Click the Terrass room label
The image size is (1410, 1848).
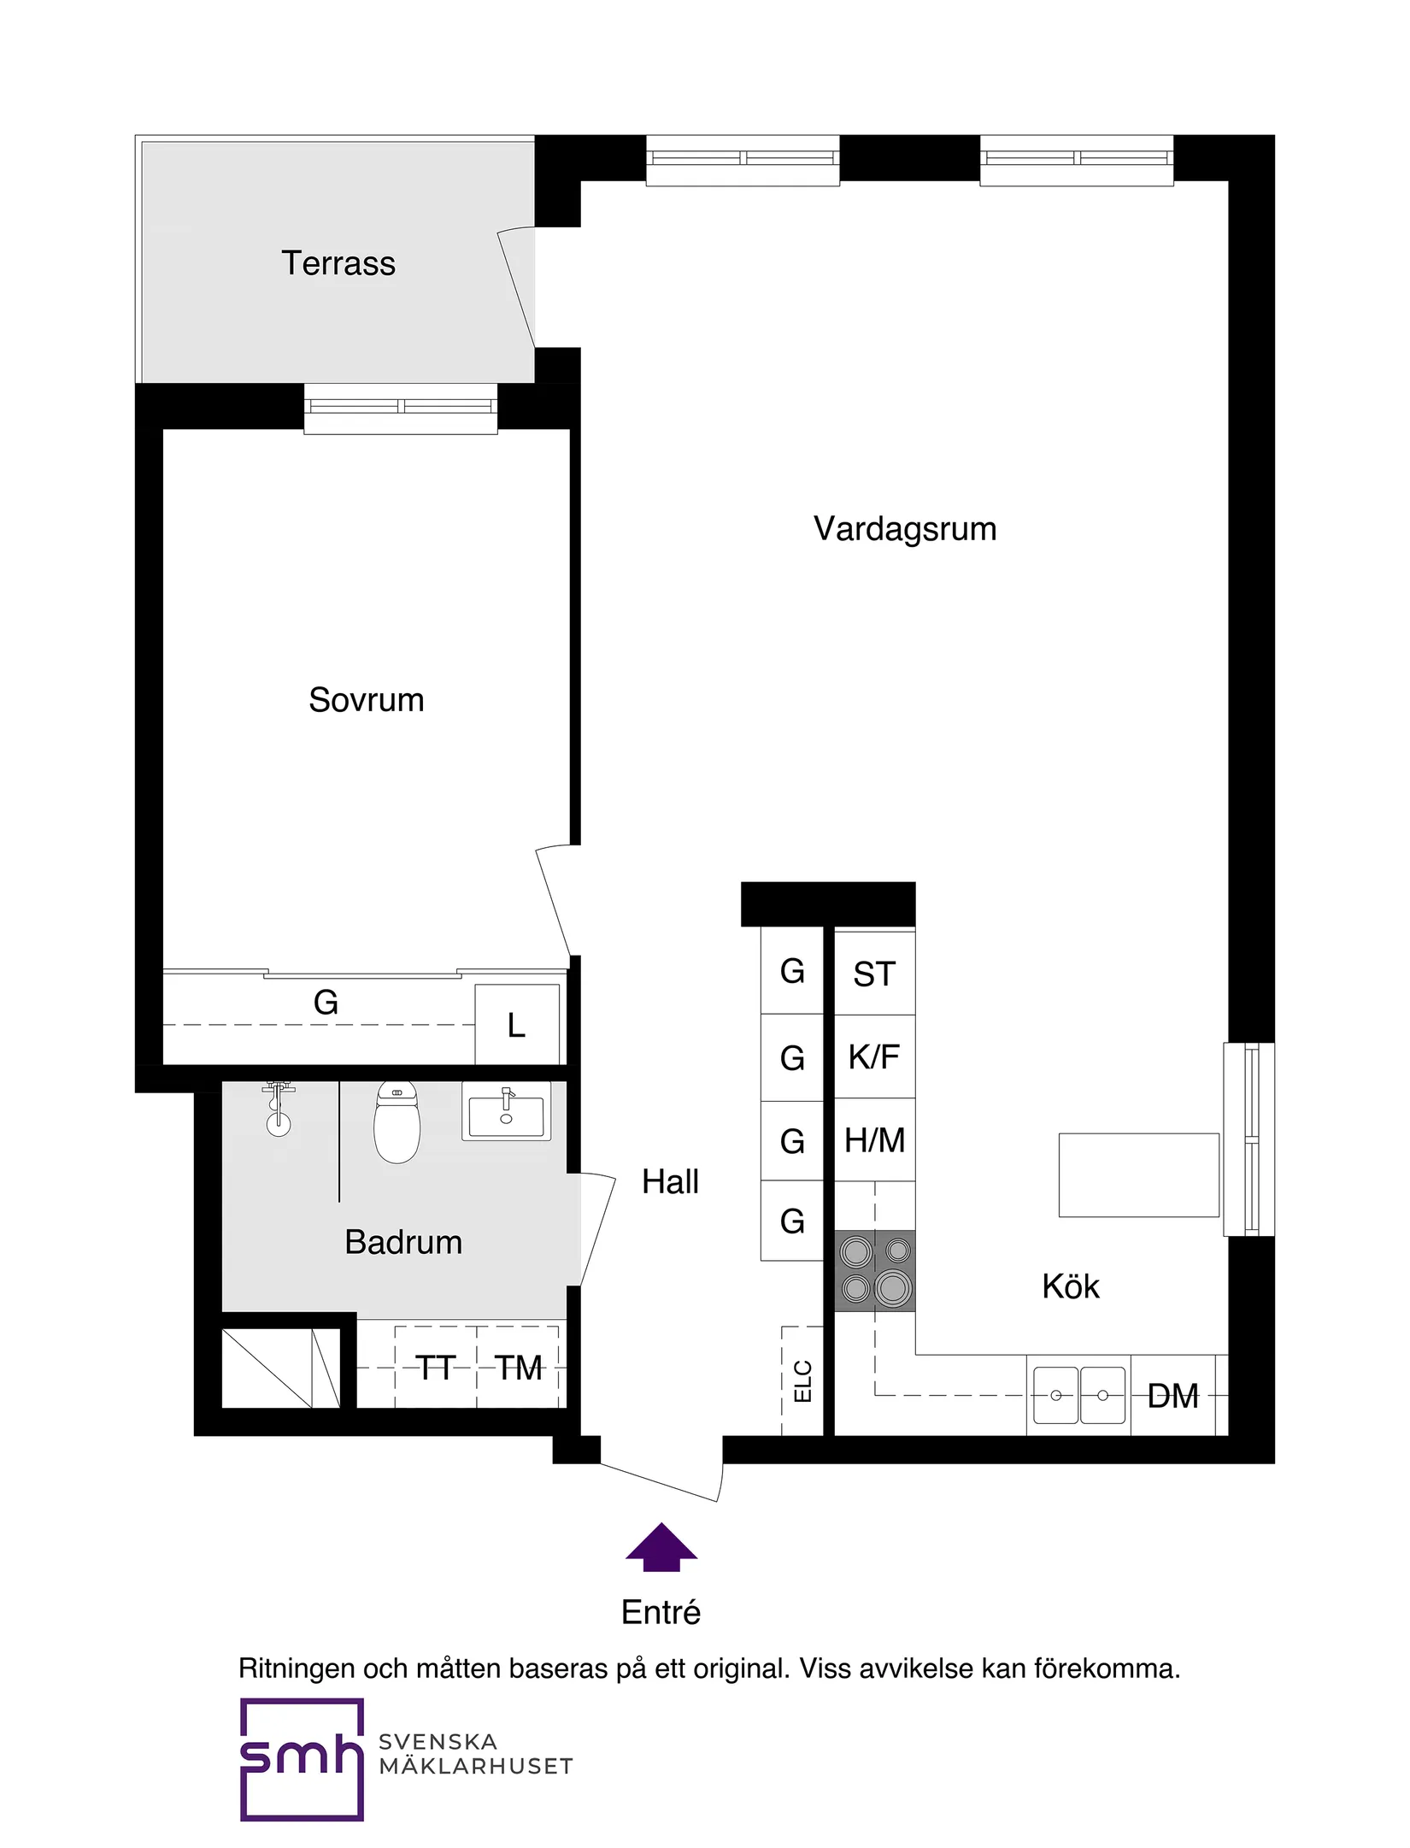(338, 263)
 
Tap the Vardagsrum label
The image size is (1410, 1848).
(904, 529)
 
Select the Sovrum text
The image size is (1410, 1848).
(366, 700)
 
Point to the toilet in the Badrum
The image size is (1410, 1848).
(397, 1123)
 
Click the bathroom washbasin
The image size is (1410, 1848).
(506, 1112)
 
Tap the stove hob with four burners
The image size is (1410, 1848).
(874, 1271)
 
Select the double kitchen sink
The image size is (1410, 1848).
(1078, 1395)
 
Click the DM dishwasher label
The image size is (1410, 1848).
(1172, 1397)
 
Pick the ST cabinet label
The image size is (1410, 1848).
(873, 974)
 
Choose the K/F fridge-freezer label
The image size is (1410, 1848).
(873, 1057)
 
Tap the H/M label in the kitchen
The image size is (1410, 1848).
(874, 1140)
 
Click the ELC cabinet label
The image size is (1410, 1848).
(802, 1381)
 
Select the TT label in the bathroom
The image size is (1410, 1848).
(435, 1368)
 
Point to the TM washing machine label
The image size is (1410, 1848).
(518, 1368)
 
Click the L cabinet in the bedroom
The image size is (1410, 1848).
(516, 1025)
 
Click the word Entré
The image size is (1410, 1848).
(661, 1613)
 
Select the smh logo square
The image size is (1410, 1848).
(302, 1758)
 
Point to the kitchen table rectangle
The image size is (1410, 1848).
(1138, 1174)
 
